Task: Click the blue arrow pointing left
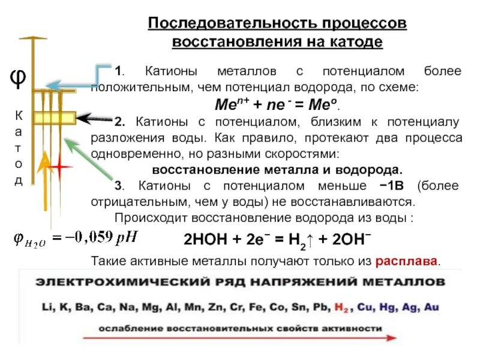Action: [x=72, y=84]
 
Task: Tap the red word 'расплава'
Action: [x=407, y=262]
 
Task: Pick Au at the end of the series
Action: [x=431, y=307]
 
